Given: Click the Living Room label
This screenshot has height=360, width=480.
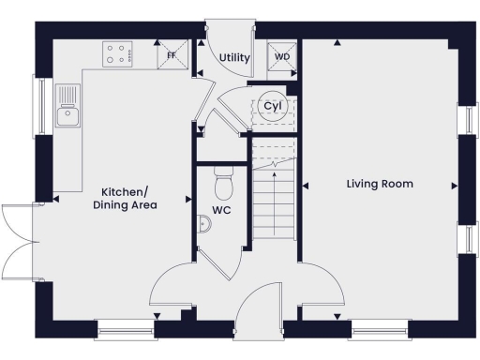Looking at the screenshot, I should click(x=380, y=184).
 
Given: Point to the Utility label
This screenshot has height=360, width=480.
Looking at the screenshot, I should click(x=233, y=58).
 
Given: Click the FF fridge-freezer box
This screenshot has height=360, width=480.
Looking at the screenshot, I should click(x=172, y=55).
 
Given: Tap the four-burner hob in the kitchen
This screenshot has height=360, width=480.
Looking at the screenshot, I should click(x=119, y=54).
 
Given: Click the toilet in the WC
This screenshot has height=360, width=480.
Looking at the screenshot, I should click(x=223, y=176).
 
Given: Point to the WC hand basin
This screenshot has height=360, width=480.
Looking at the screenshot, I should click(x=203, y=224).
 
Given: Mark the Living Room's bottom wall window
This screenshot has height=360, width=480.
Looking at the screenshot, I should click(x=379, y=328).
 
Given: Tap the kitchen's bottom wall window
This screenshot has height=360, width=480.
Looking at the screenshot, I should click(x=124, y=328).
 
